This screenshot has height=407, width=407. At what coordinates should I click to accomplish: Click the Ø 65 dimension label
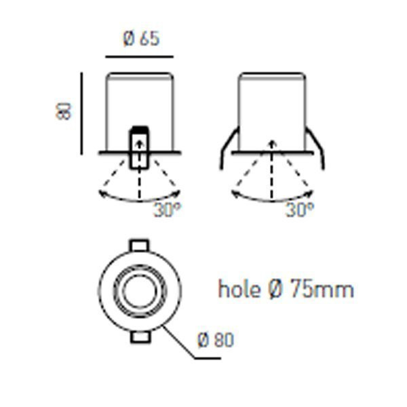pos(141,39)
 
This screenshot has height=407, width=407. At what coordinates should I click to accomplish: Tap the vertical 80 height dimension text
pos(63,111)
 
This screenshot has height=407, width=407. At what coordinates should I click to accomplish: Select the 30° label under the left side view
pos(168,210)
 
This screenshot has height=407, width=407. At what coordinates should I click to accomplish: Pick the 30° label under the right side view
pos(300,210)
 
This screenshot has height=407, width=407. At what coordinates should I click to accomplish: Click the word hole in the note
pos(239,289)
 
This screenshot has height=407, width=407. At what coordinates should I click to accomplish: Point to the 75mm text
pos(322,289)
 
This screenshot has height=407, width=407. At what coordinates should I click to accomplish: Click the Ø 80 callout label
pos(216,340)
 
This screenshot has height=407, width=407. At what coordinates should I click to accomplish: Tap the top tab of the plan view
pos(139,246)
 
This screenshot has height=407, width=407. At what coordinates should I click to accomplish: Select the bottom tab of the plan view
pos(140,336)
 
